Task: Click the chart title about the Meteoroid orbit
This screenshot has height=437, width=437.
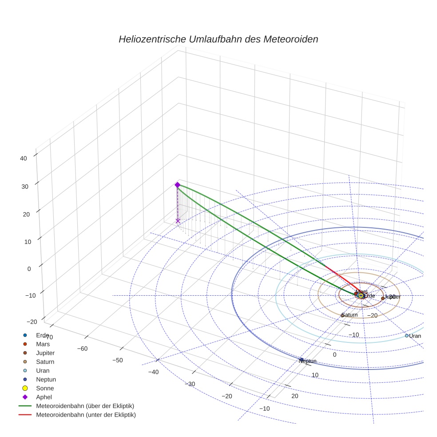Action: click(x=218, y=39)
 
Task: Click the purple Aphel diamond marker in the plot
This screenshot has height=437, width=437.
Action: click(x=177, y=185)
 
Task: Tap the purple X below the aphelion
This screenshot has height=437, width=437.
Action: click(x=178, y=221)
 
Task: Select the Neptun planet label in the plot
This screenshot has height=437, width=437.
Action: click(x=307, y=361)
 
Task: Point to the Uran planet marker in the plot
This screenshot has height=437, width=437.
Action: click(x=406, y=336)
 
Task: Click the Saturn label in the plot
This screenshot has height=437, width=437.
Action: click(x=350, y=315)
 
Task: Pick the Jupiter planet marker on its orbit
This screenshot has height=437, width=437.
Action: click(x=383, y=298)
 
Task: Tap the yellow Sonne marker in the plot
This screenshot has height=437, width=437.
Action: click(x=361, y=295)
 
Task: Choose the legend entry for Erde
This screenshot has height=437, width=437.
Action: click(x=43, y=335)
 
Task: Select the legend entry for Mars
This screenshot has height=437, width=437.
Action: click(x=43, y=344)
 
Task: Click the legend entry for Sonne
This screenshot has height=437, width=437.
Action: click(x=45, y=388)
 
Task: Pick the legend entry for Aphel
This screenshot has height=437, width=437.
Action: click(x=45, y=397)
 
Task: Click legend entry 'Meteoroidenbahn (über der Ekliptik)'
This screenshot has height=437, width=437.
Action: click(x=85, y=406)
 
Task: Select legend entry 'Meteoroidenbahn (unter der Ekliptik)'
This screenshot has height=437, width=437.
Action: click(x=86, y=415)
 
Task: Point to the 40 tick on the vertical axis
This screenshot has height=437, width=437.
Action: click(x=24, y=158)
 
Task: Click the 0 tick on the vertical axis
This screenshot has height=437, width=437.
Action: click(x=29, y=268)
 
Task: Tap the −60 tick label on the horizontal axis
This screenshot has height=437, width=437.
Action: click(x=82, y=348)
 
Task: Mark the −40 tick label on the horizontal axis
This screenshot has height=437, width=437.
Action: click(x=154, y=372)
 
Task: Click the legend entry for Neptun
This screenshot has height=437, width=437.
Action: click(x=46, y=379)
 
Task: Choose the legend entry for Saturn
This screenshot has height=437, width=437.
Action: click(x=45, y=362)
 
